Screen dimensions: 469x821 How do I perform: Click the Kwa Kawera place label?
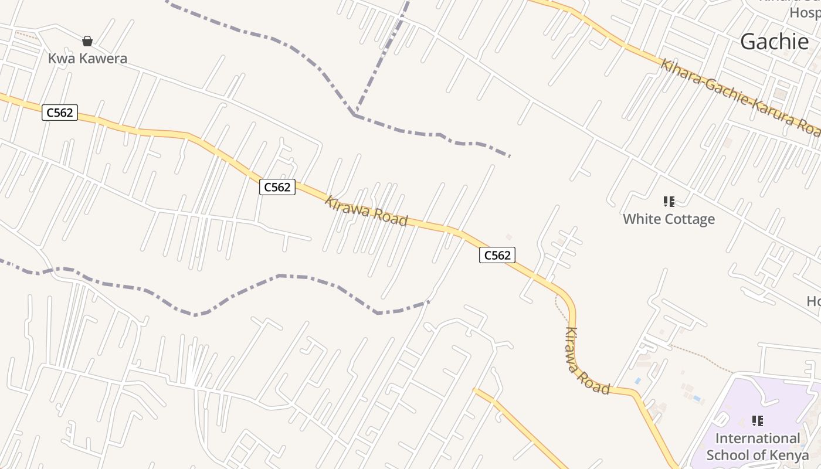point(87,59)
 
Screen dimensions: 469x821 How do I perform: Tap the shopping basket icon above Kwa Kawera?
point(87,41)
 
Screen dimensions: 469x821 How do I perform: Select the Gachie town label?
point(774,42)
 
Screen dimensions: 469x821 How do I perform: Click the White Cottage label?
point(669,219)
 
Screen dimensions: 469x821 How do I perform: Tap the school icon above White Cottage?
point(669,202)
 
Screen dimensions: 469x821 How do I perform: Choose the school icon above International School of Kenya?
point(757,421)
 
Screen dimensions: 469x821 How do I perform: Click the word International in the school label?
point(757,439)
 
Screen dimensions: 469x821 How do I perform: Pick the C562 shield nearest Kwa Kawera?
point(60,113)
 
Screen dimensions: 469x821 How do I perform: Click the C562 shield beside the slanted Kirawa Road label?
point(277,187)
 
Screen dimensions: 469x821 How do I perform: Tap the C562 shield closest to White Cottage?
point(497,255)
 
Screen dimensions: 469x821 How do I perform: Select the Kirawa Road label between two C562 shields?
point(366,211)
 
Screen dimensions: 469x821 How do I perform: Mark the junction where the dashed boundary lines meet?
point(355,114)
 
